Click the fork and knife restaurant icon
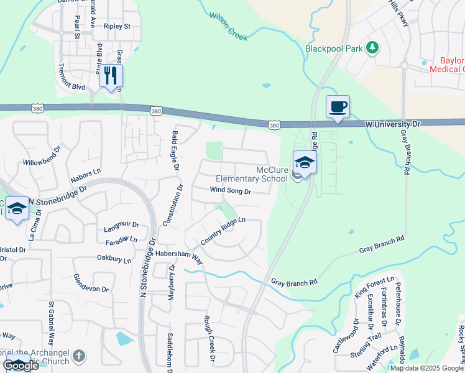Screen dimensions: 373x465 [x=111, y=76]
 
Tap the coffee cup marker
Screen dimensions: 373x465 [x=338, y=106]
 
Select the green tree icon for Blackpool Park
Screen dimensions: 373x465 [x=372, y=47]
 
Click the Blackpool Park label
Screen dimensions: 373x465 [x=334, y=48]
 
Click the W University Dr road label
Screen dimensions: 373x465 [x=393, y=124]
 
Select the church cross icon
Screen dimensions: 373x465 [x=78, y=356]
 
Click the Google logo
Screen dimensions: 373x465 [x=20, y=365]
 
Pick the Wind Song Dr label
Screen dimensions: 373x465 [x=230, y=191]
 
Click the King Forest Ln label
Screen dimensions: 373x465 [x=374, y=287]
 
